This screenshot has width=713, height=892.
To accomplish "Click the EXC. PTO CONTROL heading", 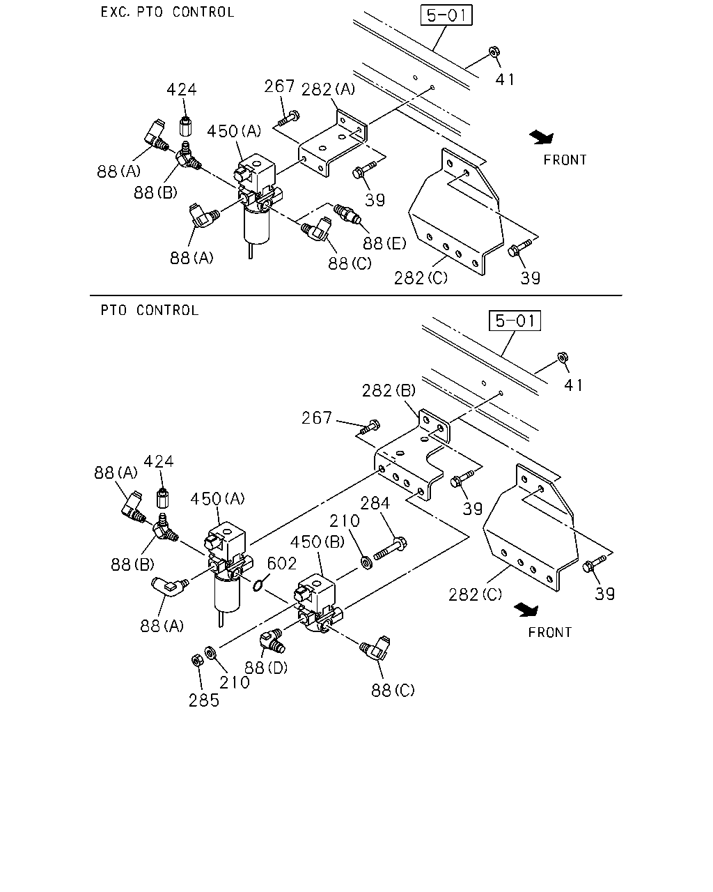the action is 167,12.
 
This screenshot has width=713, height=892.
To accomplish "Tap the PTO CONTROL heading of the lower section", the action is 150,310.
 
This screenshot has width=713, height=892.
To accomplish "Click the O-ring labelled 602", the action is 257,585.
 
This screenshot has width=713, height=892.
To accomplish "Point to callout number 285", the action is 203,700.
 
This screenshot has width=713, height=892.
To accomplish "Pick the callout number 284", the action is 375,503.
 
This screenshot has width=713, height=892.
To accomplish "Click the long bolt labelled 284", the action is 390,548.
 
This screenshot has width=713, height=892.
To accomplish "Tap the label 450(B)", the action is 318,541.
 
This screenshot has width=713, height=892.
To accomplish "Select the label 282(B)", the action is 389,390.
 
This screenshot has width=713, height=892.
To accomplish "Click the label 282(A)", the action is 328,89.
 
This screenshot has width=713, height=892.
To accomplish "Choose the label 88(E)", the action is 384,243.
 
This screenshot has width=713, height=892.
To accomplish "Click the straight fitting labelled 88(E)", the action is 347,213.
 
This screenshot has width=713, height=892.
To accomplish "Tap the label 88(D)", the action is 266,668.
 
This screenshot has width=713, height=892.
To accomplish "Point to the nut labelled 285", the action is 197,660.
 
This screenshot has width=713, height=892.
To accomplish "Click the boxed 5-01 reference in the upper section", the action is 446,15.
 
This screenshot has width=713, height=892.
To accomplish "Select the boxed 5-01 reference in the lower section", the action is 515,321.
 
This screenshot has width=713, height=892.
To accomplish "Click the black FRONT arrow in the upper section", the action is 542,137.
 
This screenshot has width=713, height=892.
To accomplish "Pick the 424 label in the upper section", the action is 182,89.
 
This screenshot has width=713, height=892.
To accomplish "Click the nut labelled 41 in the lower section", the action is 562,357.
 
